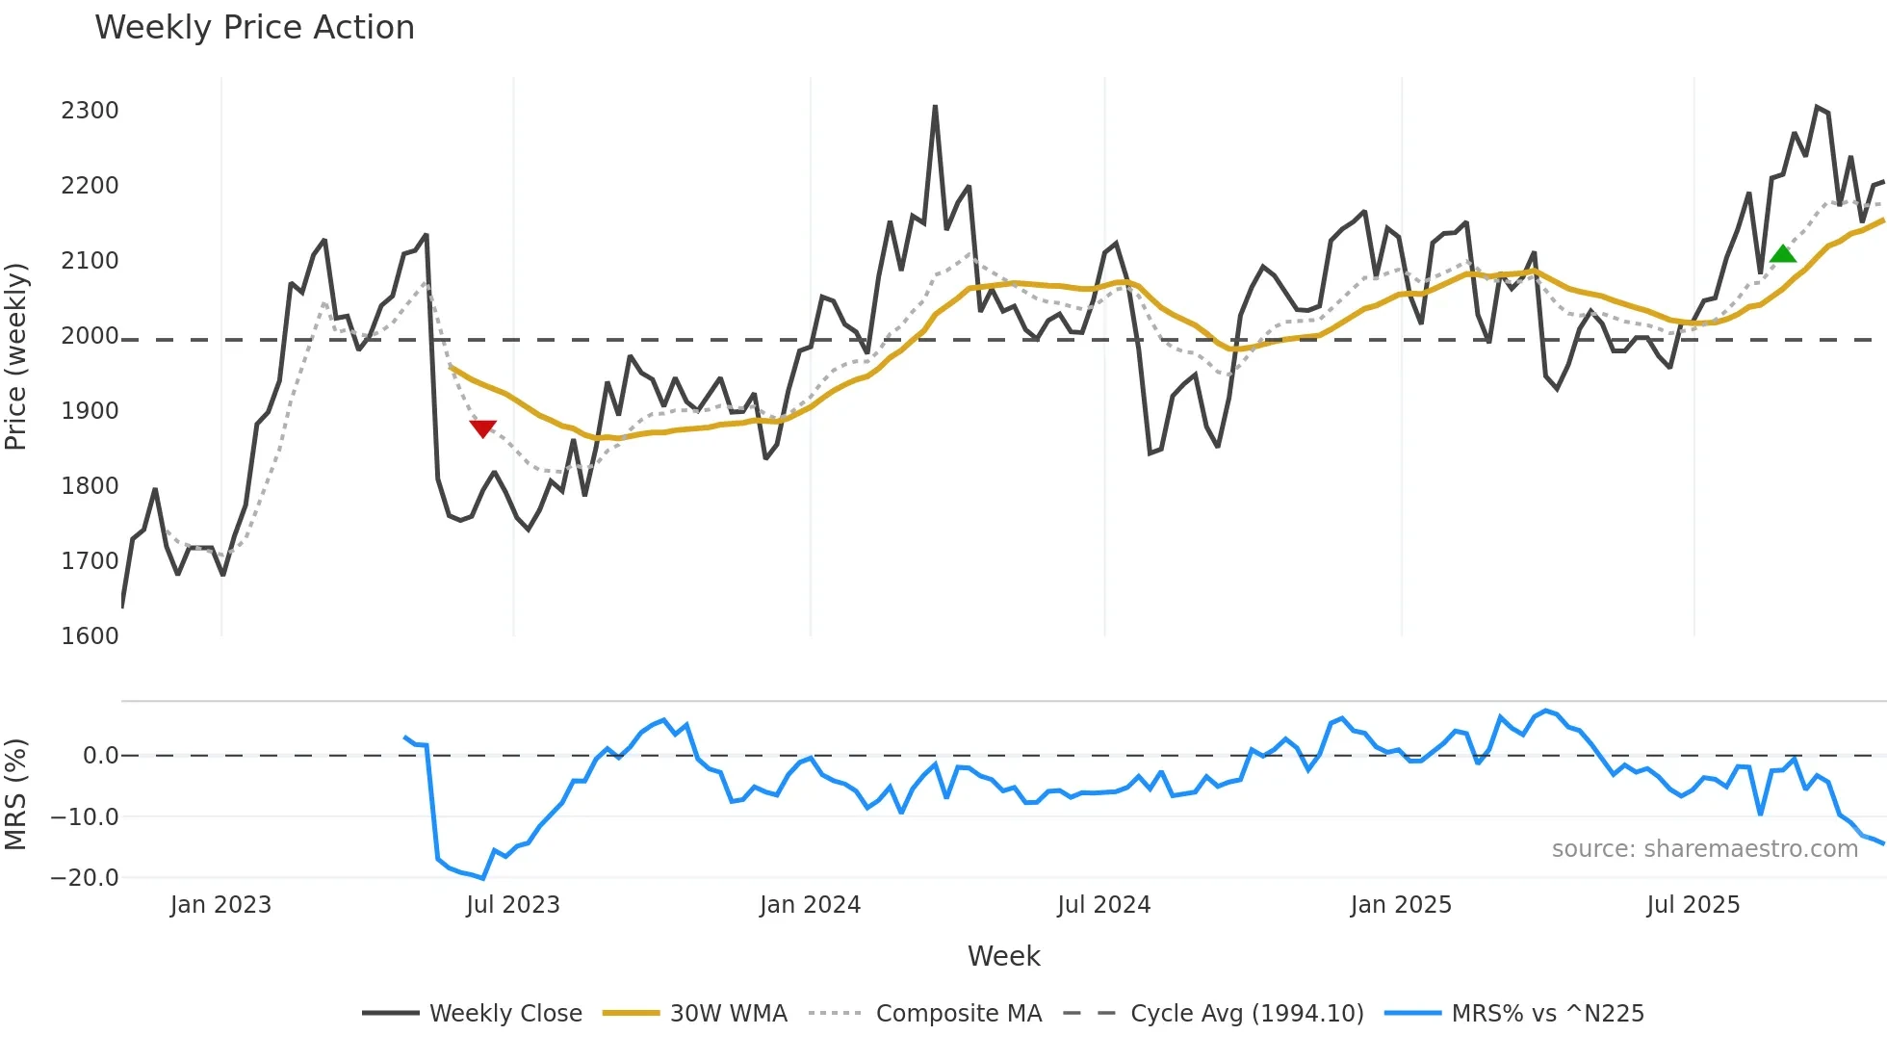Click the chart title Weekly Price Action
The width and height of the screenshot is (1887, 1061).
tap(254, 28)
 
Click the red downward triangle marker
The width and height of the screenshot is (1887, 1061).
tap(482, 428)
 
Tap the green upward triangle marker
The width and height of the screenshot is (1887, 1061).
tap(1783, 254)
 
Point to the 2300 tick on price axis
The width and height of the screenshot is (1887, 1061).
tap(90, 111)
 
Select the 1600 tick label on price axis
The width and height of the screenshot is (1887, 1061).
tap(90, 636)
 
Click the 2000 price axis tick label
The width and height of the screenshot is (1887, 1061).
tap(90, 336)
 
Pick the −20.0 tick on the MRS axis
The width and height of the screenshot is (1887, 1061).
tap(85, 878)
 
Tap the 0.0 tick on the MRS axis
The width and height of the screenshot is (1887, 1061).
tap(100, 756)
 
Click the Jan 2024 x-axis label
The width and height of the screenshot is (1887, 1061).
tap(810, 905)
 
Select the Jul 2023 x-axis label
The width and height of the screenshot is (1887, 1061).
tap(513, 905)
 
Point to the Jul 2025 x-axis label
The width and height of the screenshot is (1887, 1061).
tap(1693, 905)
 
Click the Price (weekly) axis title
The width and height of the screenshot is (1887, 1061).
tap(16, 356)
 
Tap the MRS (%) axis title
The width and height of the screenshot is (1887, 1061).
tap(16, 794)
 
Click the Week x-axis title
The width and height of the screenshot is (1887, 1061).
tap(1003, 956)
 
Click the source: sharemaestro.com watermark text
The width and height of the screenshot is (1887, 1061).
tap(1704, 849)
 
